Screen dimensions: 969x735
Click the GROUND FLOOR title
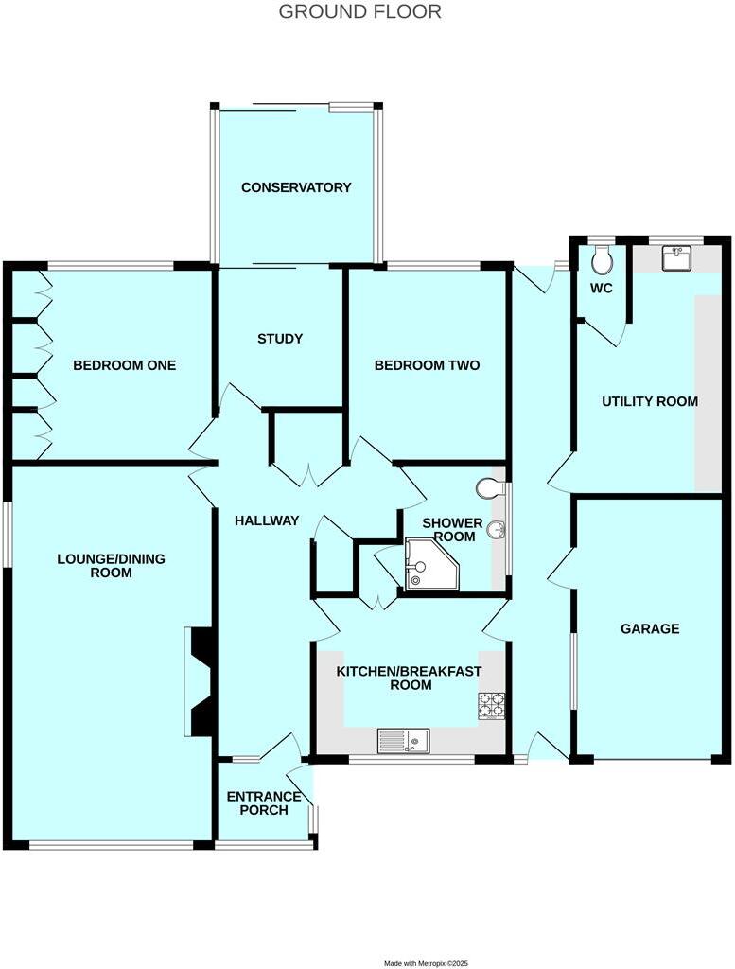pyautogui.click(x=359, y=12)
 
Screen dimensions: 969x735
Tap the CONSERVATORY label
pyautogui.click(x=296, y=187)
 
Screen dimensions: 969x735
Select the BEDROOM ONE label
pyautogui.click(x=125, y=365)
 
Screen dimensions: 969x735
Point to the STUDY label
pyautogui.click(x=280, y=338)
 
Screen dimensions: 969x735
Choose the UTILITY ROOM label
pyautogui.click(x=650, y=401)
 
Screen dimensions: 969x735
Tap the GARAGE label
pyautogui.click(x=650, y=628)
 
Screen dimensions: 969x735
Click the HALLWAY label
pyautogui.click(x=267, y=520)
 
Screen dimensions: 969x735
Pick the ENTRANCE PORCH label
pyautogui.click(x=264, y=803)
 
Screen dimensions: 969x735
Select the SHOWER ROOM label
pyautogui.click(x=452, y=529)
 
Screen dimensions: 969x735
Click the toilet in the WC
pyautogui.click(x=602, y=258)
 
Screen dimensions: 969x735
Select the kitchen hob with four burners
pyautogui.click(x=491, y=706)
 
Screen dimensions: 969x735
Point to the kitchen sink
pyautogui.click(x=404, y=739)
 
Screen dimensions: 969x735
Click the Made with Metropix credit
pyautogui.click(x=427, y=962)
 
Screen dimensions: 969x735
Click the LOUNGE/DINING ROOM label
pyautogui.click(x=111, y=566)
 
